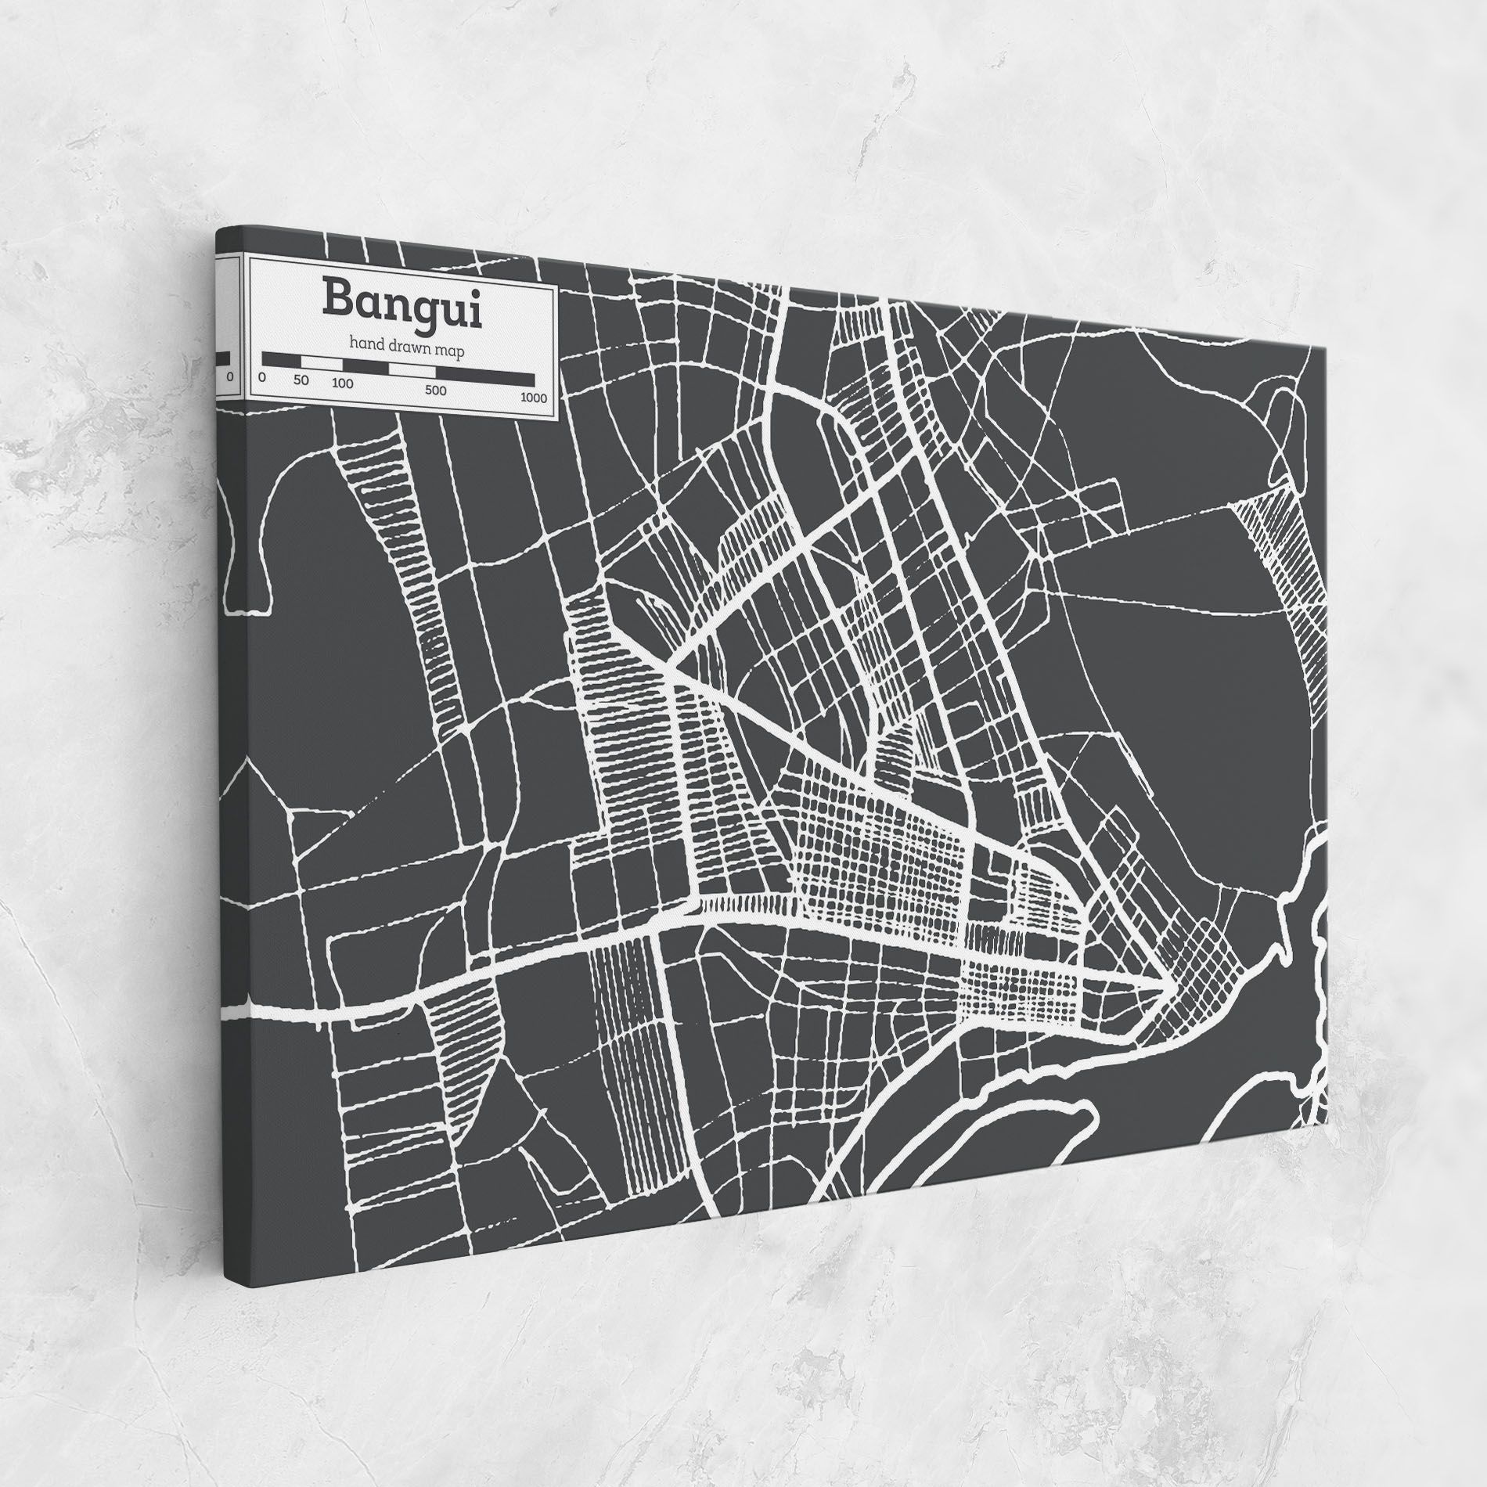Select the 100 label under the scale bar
pyautogui.click(x=342, y=383)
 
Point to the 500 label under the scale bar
pyautogui.click(x=436, y=390)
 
